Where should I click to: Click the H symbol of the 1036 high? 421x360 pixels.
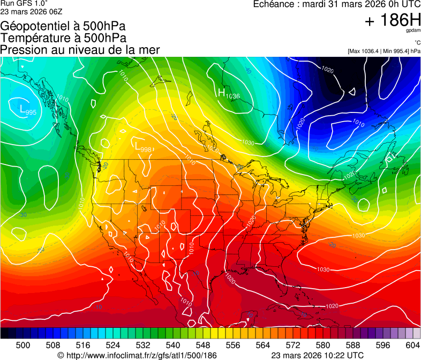pos(221,93)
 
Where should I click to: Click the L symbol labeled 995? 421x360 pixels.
pos(22,109)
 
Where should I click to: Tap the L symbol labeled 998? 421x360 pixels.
pos(138,146)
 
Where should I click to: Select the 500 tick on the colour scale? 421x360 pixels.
pos(23,344)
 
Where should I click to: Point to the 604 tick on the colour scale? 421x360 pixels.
pos(412,344)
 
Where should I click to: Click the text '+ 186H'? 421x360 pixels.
pos(392,21)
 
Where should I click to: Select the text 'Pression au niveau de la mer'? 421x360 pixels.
pos(80,50)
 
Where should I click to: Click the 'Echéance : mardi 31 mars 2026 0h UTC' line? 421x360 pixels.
pos(336,4)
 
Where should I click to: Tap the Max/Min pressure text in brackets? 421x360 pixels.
pos(384,51)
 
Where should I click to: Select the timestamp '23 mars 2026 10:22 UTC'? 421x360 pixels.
pos(318,355)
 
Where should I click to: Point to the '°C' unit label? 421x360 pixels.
pos(417,43)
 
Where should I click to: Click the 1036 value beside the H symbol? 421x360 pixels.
pos(232,96)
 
